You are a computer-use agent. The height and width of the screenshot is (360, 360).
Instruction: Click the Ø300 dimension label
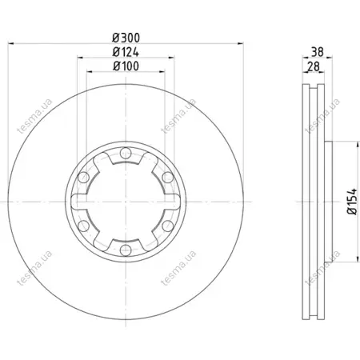(126, 38)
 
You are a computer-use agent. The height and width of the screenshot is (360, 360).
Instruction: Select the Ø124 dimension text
(126, 52)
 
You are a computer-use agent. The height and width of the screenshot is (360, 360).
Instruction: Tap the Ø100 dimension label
(126, 66)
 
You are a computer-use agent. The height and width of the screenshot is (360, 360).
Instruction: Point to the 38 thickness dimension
(318, 52)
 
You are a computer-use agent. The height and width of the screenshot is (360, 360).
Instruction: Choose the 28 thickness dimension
(314, 66)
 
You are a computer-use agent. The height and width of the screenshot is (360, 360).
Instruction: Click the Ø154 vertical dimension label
(352, 202)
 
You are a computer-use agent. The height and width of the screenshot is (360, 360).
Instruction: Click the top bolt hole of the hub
(126, 153)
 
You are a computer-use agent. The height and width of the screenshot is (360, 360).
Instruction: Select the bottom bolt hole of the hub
(126, 250)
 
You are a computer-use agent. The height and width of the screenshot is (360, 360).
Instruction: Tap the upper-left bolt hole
(83, 178)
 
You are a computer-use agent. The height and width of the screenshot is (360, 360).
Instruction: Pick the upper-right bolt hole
(168, 178)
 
